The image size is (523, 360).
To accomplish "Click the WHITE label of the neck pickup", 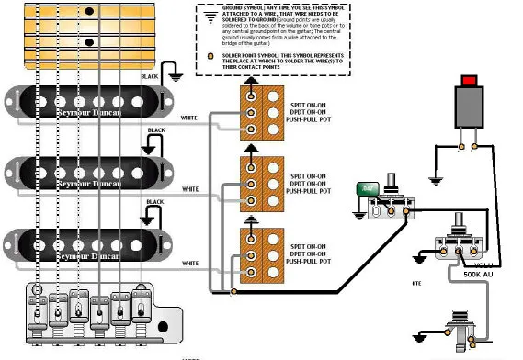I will click(189, 118).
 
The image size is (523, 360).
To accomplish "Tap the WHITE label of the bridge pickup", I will click(189, 264).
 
